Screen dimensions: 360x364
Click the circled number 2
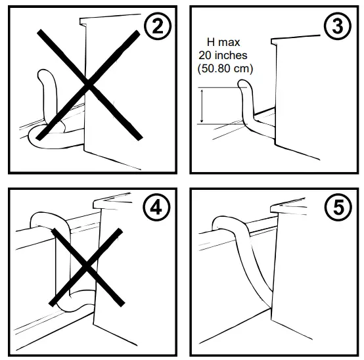coord(156,27)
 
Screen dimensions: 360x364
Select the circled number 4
coord(156,208)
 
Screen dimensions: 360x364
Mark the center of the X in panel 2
coord(88,84)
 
